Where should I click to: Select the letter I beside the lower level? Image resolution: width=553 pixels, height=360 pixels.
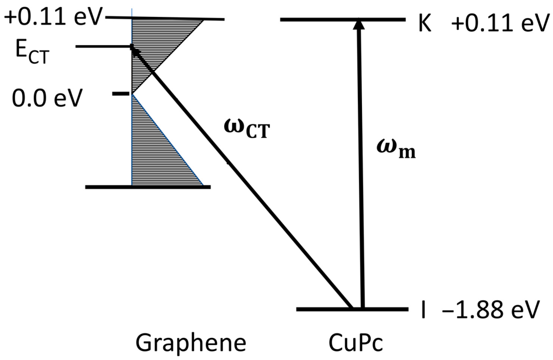[x=424, y=311]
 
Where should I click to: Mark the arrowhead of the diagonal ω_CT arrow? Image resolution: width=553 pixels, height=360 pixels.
[x=134, y=50]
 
